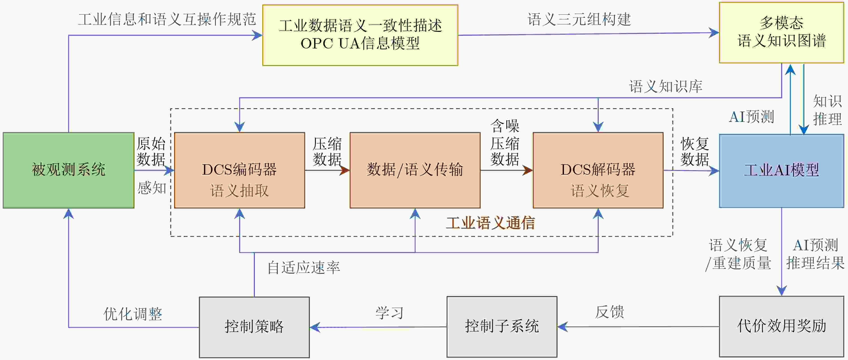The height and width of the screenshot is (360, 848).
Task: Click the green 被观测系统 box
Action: coord(68,170)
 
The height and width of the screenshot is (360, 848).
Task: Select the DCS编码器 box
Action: coord(239,170)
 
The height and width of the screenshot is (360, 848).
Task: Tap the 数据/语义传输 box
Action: coord(415,170)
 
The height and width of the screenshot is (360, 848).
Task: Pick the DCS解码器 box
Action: coord(598,170)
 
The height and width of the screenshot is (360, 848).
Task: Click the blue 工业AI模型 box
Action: coord(781,171)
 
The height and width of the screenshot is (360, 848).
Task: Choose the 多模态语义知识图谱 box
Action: coord(781,32)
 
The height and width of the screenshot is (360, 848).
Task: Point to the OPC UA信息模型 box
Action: coord(360,35)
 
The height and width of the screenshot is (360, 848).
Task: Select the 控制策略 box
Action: coord(254,327)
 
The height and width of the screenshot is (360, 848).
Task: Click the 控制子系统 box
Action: coord(502,326)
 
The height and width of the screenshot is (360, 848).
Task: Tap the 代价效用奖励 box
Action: coord(781,326)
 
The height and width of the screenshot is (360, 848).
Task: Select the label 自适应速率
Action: coord(303,268)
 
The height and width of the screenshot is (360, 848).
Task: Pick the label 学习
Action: coord(389,313)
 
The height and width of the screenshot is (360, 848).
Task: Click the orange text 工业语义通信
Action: coord(490,223)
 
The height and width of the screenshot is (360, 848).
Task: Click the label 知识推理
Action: coord(827,110)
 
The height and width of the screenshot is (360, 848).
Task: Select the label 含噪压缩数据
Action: coord(505,143)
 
